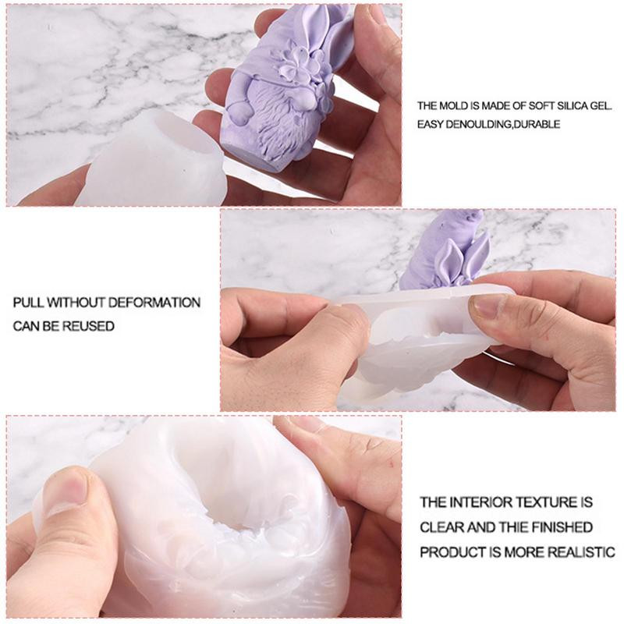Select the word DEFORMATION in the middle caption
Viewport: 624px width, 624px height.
click(x=154, y=303)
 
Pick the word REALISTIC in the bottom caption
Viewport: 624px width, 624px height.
click(x=581, y=552)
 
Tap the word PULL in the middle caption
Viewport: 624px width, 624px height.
click(x=29, y=303)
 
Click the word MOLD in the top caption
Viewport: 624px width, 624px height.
click(x=456, y=106)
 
